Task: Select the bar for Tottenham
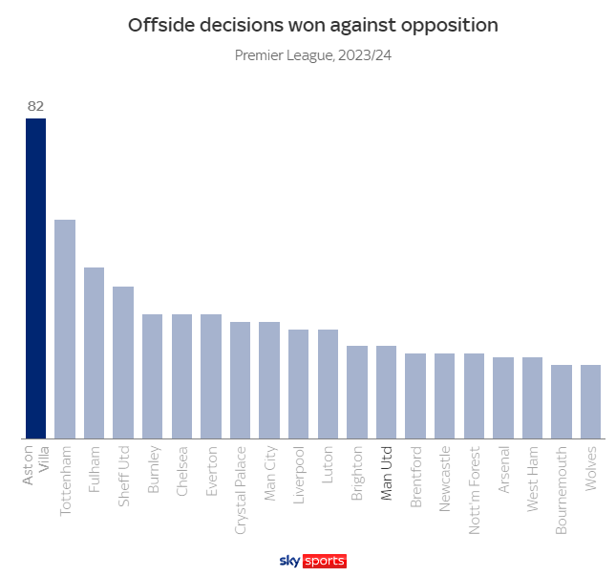(x=65, y=330)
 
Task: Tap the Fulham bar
(x=94, y=353)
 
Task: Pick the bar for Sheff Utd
(x=123, y=363)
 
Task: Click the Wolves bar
(x=590, y=402)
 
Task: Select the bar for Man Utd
(x=386, y=393)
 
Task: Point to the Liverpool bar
(x=298, y=384)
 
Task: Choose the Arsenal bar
(x=503, y=398)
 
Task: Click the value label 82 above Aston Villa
(x=35, y=106)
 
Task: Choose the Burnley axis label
(x=153, y=469)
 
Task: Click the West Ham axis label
(x=533, y=473)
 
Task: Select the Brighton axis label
(x=357, y=470)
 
